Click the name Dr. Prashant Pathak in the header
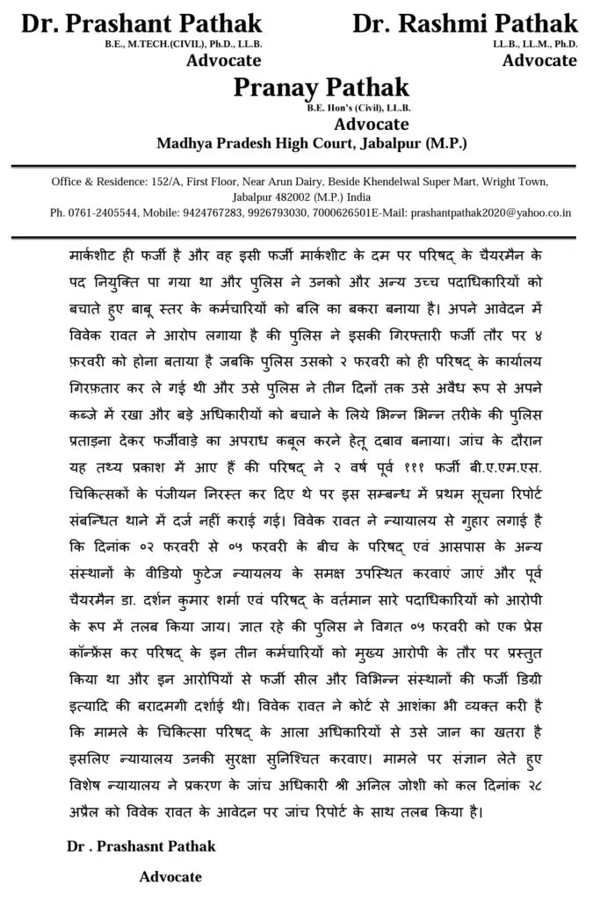(x=141, y=23)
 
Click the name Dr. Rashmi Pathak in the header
(x=465, y=23)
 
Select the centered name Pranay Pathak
(x=322, y=87)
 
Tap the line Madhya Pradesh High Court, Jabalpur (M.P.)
(x=312, y=143)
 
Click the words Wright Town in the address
(x=517, y=183)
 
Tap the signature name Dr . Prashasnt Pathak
(x=141, y=846)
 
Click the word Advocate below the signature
(x=170, y=877)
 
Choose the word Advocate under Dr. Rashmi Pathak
(x=539, y=61)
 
